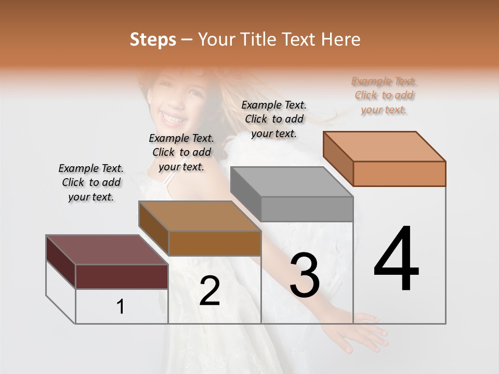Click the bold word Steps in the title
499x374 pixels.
152,39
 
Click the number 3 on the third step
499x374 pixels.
305,275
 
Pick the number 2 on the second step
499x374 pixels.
209,291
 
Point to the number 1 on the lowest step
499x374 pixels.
121,307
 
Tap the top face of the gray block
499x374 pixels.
292,182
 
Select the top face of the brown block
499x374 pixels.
200,216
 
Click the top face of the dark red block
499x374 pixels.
107,250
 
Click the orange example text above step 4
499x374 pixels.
384,96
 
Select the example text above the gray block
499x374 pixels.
274,119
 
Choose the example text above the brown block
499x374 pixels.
181,152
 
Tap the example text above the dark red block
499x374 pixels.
91,182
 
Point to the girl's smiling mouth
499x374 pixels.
173,119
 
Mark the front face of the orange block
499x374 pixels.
399,173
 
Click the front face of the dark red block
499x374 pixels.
122,276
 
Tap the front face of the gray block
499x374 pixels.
307,209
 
